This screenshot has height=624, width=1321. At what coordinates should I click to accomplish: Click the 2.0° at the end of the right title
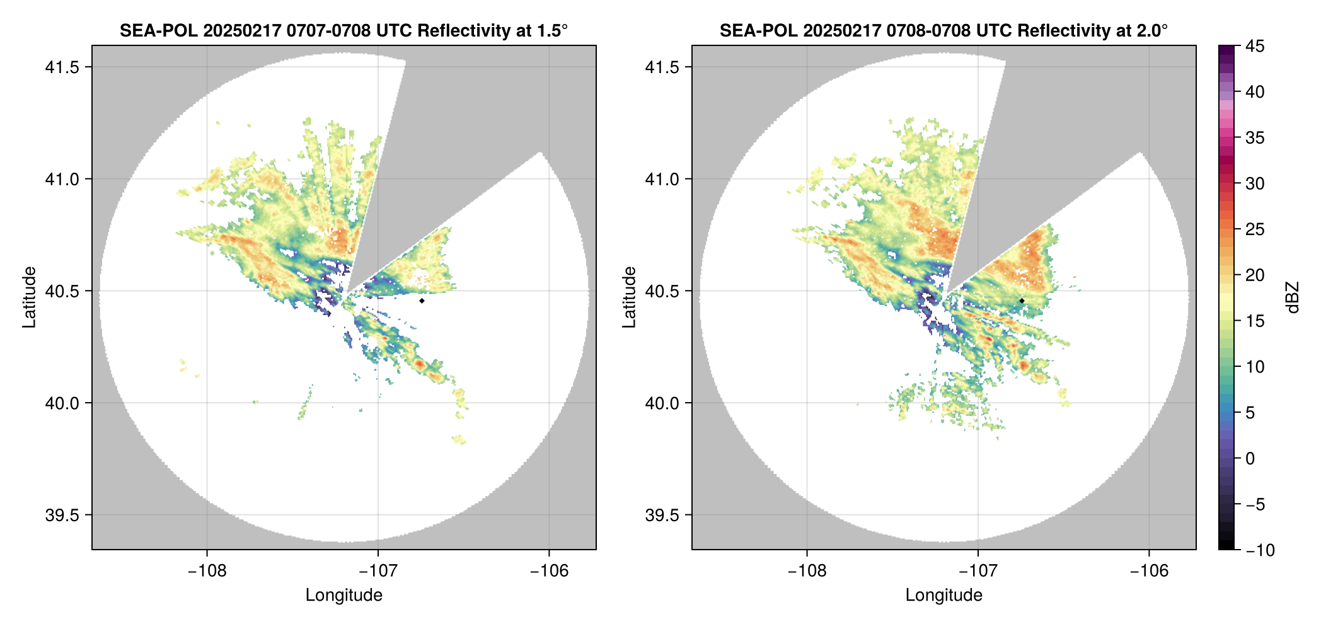[1152, 31]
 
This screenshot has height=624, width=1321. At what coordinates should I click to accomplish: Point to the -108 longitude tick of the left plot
[207, 571]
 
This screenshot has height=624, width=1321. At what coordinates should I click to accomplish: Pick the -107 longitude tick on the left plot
[378, 571]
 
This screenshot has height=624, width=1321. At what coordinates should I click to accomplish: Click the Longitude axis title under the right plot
[943, 595]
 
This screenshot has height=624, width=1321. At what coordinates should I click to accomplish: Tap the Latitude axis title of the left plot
[29, 297]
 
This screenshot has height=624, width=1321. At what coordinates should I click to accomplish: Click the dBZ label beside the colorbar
[1293, 297]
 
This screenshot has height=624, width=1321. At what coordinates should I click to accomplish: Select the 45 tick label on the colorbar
[1255, 46]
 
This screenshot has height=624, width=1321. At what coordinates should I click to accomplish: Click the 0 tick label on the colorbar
[1250, 458]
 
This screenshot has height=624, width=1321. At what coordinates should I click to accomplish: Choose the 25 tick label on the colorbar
[1255, 229]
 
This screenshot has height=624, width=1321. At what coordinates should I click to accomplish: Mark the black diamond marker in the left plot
[422, 301]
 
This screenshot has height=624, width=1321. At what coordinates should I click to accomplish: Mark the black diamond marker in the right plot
[1022, 301]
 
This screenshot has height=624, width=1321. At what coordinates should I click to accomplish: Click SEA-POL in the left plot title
[159, 31]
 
